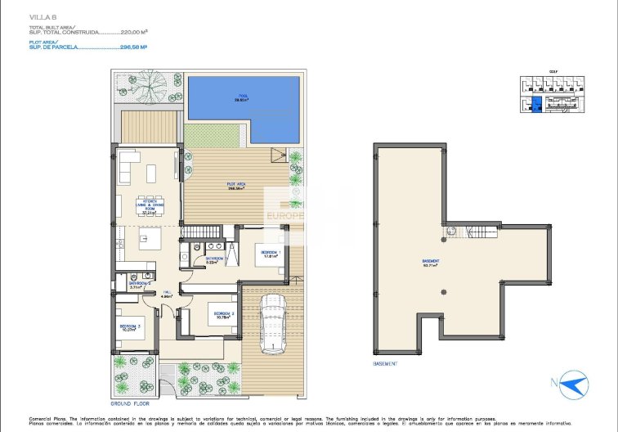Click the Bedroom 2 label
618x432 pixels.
coord(224,313)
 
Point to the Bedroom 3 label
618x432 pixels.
coord(131,327)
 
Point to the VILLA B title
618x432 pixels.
coord(43,17)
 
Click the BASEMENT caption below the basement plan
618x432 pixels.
coord(385,364)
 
